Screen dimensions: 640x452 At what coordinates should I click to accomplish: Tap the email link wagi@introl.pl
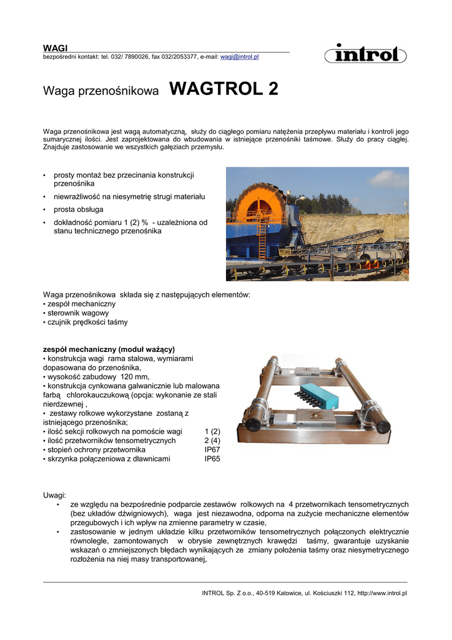(239, 56)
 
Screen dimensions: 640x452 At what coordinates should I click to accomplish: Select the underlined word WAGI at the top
(55, 48)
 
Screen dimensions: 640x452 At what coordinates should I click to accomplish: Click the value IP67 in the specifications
(212, 450)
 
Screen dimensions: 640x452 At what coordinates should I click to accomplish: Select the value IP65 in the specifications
(212, 459)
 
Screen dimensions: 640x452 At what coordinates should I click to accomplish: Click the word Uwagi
(54, 495)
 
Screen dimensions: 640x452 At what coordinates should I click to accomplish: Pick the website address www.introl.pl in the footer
(382, 593)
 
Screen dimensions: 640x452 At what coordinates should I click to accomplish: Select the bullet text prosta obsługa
(79, 209)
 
